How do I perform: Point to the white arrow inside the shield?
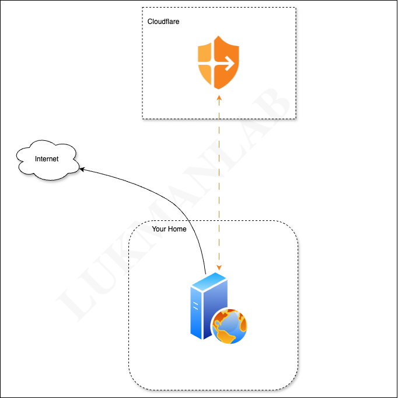pos(225,60)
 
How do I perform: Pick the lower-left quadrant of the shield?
pos(206,74)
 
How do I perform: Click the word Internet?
pos(47,159)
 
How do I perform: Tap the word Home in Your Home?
pos(177,229)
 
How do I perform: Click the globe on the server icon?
pos(229,326)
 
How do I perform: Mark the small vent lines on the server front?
pos(195,304)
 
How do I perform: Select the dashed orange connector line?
pos(219,175)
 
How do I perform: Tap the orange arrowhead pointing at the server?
pos(219,268)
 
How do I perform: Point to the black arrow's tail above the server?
pos(206,271)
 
